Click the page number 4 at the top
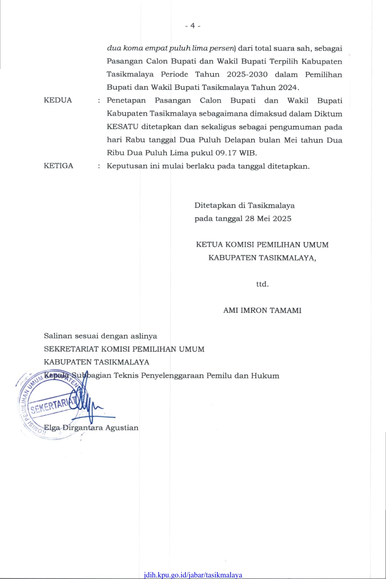tap(192, 26)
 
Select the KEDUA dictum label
tap(58, 100)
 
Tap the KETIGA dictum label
tap(59, 166)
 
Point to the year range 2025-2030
tap(247, 74)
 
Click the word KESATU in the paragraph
tap(123, 127)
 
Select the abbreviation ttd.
tap(262, 284)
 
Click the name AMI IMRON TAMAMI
tap(262, 310)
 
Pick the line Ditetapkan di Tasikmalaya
tap(245, 205)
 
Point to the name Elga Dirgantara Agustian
tap(91, 428)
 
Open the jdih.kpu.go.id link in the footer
tap(193, 575)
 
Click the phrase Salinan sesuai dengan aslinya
tap(100, 336)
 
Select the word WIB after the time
tap(248, 153)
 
